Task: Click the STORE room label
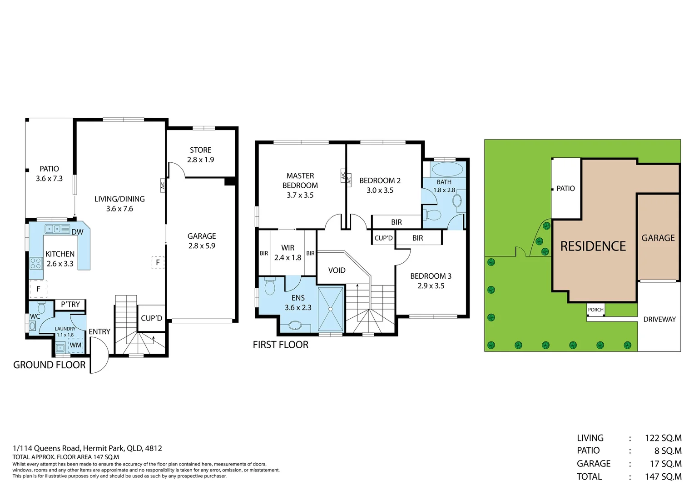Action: tap(200, 150)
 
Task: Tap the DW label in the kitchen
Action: tap(77, 232)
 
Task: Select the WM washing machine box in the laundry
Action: tap(75, 345)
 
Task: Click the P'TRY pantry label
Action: tap(70, 304)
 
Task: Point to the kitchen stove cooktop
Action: tap(36, 263)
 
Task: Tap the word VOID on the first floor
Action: tap(337, 270)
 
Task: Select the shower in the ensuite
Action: tap(331, 309)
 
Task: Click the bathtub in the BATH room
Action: tap(447, 170)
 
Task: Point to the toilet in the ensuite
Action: tap(270, 286)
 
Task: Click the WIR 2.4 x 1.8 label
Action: tap(288, 252)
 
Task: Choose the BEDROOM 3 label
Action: tap(431, 276)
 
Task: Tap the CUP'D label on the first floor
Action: tap(383, 238)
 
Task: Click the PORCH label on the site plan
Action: tap(596, 310)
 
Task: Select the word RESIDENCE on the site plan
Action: tap(593, 246)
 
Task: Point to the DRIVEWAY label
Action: tap(659, 319)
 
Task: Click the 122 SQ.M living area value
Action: tap(663, 438)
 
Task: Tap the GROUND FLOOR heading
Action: tap(49, 365)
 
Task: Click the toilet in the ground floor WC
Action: tap(41, 307)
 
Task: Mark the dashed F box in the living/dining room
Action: tap(158, 262)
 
